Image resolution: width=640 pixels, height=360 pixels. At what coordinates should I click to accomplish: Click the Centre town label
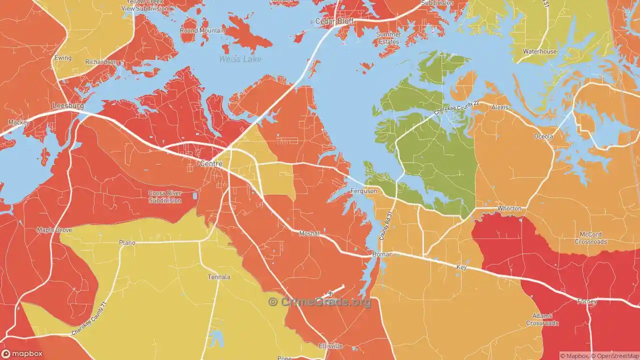(211, 163)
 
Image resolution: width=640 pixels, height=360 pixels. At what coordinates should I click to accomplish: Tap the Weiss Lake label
(240, 59)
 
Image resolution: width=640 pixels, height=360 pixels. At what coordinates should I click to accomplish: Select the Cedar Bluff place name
(334, 21)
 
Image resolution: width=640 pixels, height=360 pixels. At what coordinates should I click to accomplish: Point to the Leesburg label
(68, 106)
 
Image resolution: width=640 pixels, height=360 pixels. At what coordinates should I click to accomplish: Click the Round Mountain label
(202, 30)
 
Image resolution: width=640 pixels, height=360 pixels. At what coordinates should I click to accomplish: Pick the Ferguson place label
(363, 191)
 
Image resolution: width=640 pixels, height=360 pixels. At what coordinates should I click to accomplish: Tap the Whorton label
(509, 208)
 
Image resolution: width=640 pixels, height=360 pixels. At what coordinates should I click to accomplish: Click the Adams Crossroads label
(542, 319)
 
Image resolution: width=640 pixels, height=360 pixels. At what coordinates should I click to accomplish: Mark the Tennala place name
(219, 277)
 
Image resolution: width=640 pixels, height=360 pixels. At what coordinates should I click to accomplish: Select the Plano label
(127, 242)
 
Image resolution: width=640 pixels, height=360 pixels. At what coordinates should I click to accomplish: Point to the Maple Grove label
(54, 230)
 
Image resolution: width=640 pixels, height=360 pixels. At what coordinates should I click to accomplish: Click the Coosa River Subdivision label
(164, 197)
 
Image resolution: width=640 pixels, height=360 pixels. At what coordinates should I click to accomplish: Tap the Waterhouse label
(539, 51)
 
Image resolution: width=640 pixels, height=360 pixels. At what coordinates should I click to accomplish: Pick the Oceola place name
(544, 136)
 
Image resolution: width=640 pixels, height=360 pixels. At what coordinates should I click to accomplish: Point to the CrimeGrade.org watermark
(320, 301)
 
